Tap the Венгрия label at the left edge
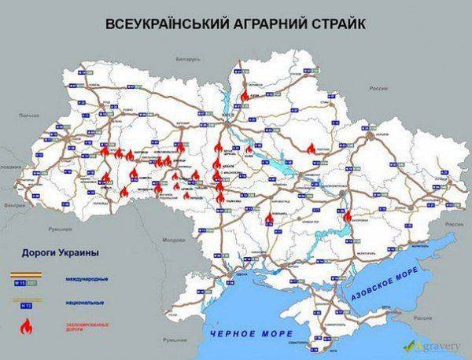point(10,202)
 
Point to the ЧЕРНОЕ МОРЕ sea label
point(245,334)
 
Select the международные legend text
point(93,280)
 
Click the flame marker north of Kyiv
point(245,93)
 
